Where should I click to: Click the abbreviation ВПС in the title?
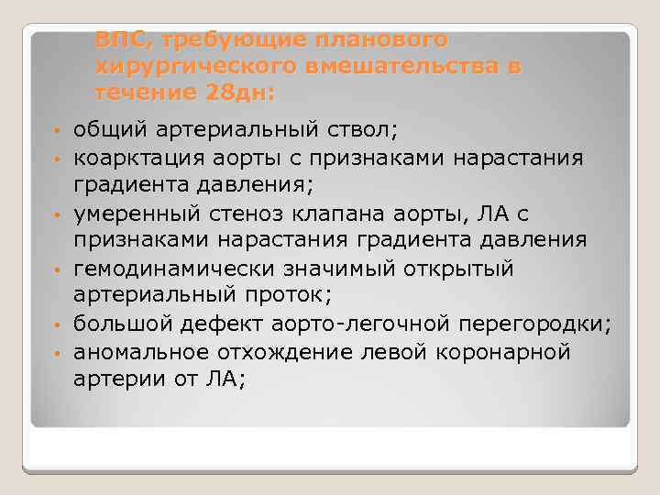[x=114, y=40]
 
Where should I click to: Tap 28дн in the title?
[x=238, y=93]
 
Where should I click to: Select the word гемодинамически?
[x=163, y=267]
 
